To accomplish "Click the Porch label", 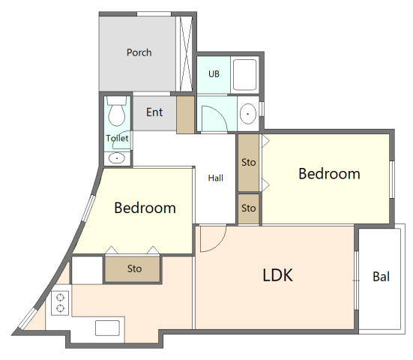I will [x=139, y=52].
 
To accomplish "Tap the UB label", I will [x=214, y=74].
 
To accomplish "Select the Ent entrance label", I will [x=154, y=112].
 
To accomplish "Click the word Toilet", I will [x=117, y=138].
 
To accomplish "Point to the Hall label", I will [x=215, y=178].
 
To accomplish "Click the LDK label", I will [x=277, y=275].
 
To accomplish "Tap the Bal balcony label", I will [x=381, y=277].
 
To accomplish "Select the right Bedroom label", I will [x=329, y=173].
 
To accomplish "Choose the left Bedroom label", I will [x=145, y=208].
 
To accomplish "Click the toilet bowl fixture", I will [x=116, y=112].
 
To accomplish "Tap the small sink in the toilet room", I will [x=117, y=158].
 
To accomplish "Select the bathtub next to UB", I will [x=244, y=74].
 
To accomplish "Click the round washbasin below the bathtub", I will [x=248, y=114].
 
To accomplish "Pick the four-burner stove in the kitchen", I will [x=59, y=302].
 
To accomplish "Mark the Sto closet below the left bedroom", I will [x=134, y=268].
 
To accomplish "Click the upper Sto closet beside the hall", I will [x=248, y=163].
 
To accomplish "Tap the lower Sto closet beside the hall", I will [x=248, y=208].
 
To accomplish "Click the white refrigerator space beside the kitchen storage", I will [x=87, y=270].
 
